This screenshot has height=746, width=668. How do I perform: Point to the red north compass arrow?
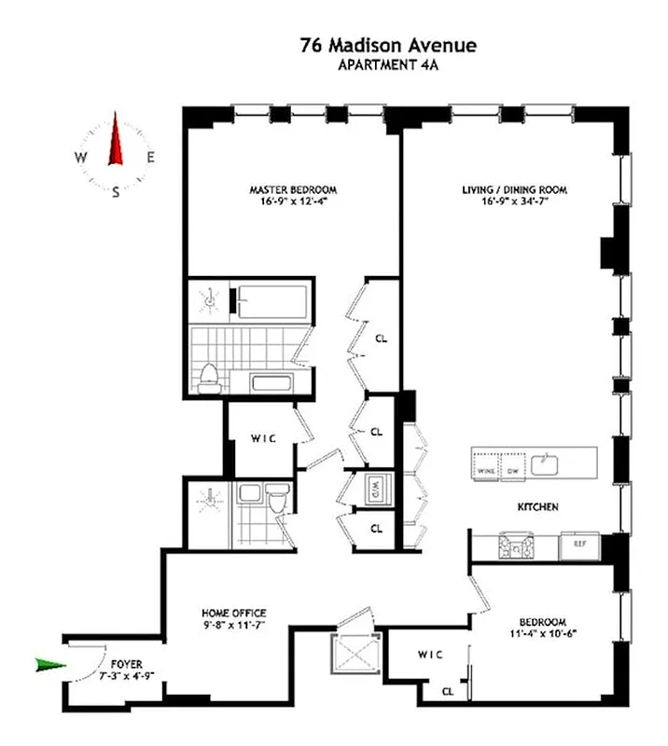(117, 140)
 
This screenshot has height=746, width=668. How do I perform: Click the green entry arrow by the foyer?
(51, 665)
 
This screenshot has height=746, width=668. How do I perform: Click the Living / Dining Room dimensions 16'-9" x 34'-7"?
(514, 200)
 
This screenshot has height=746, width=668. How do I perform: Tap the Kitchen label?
(538, 507)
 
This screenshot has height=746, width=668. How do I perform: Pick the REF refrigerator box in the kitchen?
(579, 543)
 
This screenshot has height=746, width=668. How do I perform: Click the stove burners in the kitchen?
(514, 544)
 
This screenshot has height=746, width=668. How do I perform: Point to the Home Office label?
(235, 613)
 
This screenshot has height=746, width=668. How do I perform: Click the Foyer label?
(126, 664)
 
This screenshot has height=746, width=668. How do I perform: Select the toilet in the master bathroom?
(208, 378)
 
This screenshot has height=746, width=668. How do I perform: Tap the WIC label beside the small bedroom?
(429, 654)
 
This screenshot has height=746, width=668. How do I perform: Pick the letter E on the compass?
(150, 158)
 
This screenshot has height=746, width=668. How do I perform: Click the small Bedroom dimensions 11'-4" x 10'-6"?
(544, 635)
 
